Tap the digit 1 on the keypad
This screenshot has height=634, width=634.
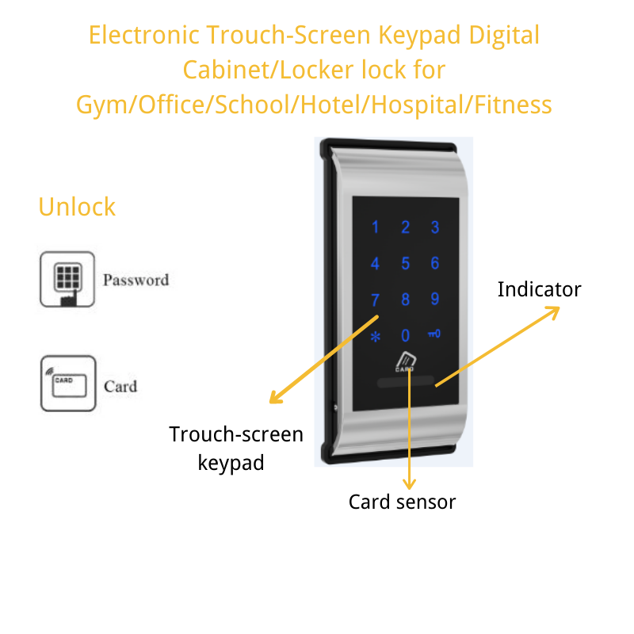point(376,228)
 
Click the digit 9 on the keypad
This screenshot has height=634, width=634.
point(434,299)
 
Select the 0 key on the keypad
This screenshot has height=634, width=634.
point(405,335)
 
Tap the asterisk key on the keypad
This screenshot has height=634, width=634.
point(376,336)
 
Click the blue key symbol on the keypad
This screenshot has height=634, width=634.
point(434,335)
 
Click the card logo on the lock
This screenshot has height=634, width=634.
point(405,362)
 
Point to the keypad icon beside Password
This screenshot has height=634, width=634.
point(67,279)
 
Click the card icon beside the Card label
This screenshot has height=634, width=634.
point(67,384)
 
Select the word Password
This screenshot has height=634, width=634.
point(136,280)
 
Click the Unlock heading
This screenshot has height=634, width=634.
point(77,207)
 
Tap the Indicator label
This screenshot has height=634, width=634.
point(539,289)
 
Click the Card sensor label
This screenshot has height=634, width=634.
point(402,502)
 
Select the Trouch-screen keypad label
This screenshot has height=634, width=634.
point(235,448)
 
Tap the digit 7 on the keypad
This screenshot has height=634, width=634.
point(376,300)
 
